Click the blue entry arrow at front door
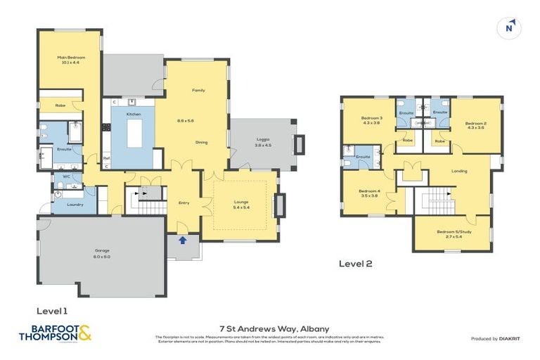pyautogui.click(x=184, y=240)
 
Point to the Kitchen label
pyautogui.click(x=134, y=114)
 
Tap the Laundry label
pyautogui.click(x=75, y=205)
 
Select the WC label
pyautogui.click(x=66, y=176)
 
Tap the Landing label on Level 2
pyautogui.click(x=459, y=170)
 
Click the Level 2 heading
pyautogui.click(x=355, y=264)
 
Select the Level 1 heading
pyautogui.click(x=51, y=310)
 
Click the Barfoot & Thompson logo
pyautogui.click(x=55, y=333)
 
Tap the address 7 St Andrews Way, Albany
pyautogui.click(x=270, y=328)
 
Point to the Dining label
pyautogui.click(x=201, y=143)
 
